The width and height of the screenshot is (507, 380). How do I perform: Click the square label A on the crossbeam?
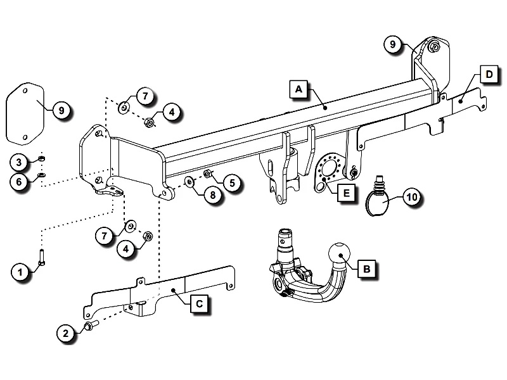pos(298,89)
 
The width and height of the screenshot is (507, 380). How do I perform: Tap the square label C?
pos(198,303)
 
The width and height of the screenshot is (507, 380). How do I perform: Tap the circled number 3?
pos(20,162)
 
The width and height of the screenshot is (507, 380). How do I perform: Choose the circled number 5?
pos(232,184)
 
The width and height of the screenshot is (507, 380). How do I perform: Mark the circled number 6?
pos(20,181)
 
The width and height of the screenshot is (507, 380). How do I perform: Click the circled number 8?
pos(213,195)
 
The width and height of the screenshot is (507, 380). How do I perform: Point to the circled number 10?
pos(411,198)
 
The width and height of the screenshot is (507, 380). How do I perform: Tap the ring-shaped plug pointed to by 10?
pos(379,201)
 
